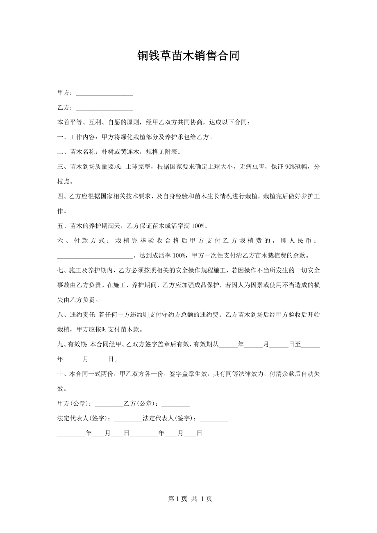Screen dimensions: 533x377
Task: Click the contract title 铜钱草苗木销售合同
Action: click(188, 56)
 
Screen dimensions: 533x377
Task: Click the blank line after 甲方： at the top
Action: click(104, 94)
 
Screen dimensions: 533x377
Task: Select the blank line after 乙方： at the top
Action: click(104, 108)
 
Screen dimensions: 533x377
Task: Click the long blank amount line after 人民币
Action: click(95, 256)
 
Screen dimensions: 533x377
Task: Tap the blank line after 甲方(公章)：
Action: click(109, 404)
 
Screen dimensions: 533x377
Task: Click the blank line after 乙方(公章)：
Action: click(176, 404)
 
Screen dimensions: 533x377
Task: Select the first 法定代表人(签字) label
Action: click(84, 418)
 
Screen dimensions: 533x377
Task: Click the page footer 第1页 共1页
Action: click(188, 499)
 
